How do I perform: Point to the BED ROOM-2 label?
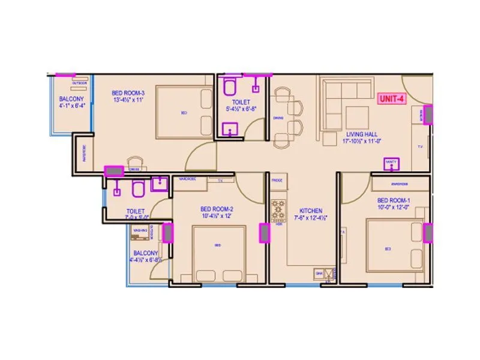point(217,209)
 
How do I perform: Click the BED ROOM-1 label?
point(393,200)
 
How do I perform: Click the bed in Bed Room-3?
point(184,112)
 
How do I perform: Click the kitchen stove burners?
point(278,210)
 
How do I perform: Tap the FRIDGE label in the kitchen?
point(277,179)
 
